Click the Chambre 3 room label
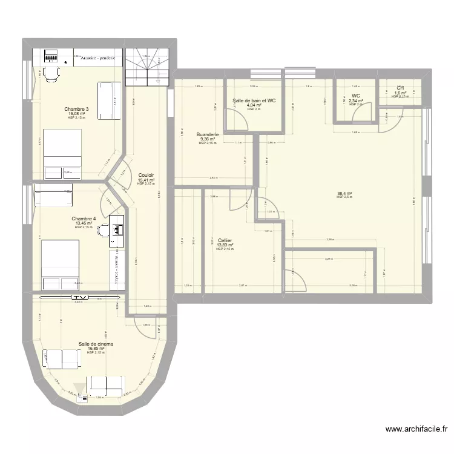click(77, 110)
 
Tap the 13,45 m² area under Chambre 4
click(84, 223)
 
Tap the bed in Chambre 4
click(60, 265)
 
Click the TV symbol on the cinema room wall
click(79, 297)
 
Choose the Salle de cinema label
click(96, 344)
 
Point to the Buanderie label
click(208, 134)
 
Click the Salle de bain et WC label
click(254, 100)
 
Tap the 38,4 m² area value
click(344, 194)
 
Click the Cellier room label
click(225, 240)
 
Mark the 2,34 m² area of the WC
click(356, 100)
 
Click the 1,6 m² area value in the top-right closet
click(400, 93)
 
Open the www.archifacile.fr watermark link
click(417, 429)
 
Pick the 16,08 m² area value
click(77, 114)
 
